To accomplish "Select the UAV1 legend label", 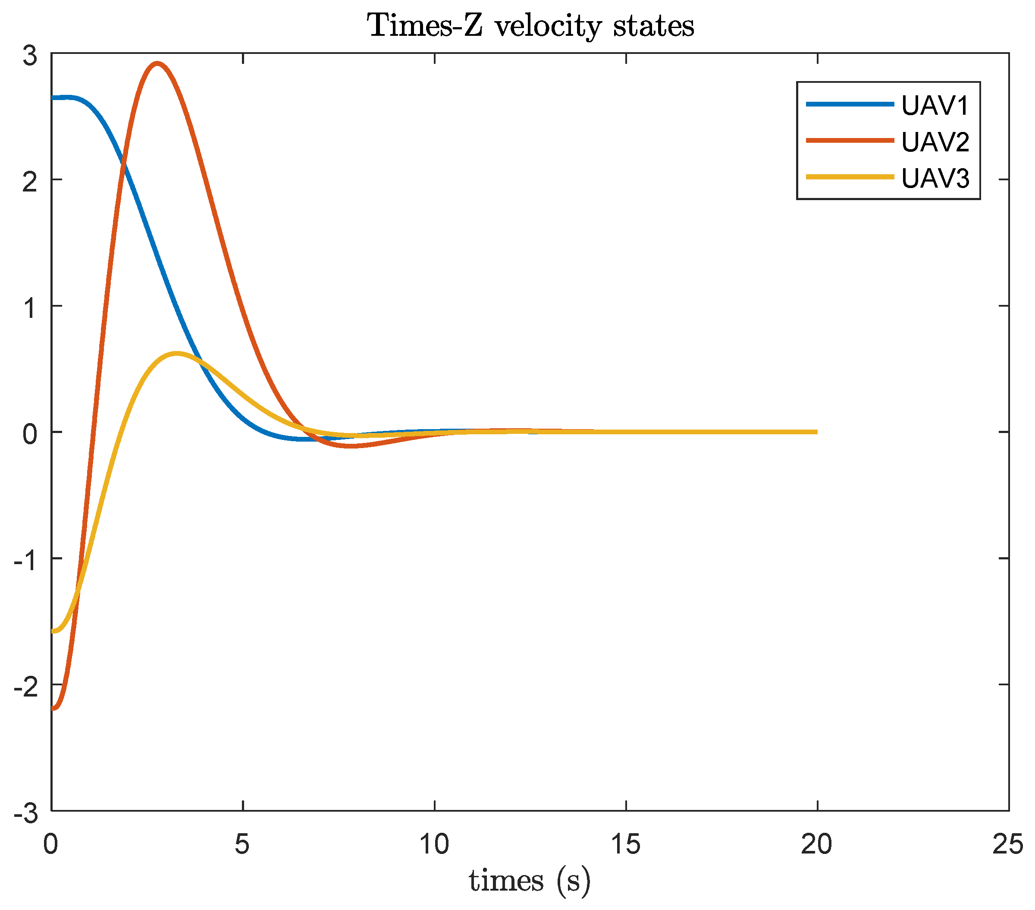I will (935, 105).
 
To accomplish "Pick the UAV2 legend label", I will (935, 142).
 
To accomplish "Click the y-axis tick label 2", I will (30, 181).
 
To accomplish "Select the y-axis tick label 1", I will (30, 308).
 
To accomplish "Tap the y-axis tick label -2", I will (25, 686).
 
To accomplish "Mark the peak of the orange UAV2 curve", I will (157, 63).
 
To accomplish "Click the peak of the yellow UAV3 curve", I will (176, 353).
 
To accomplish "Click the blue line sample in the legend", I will (850, 104).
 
